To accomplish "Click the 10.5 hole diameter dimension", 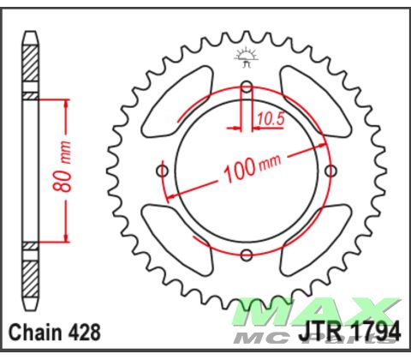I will click(x=271, y=119).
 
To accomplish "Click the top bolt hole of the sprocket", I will click(x=247, y=86).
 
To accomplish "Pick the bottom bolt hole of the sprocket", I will click(x=247, y=255).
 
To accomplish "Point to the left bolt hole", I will click(x=162, y=171).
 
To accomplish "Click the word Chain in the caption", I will click(x=33, y=333).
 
